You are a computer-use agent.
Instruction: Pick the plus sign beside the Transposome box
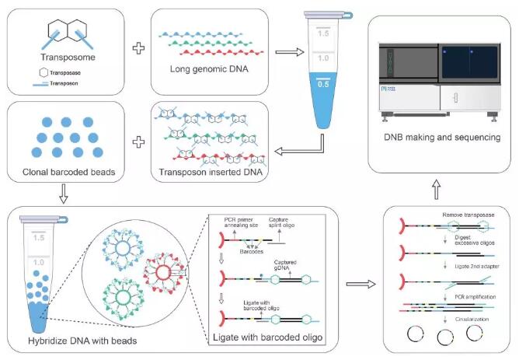139,47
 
